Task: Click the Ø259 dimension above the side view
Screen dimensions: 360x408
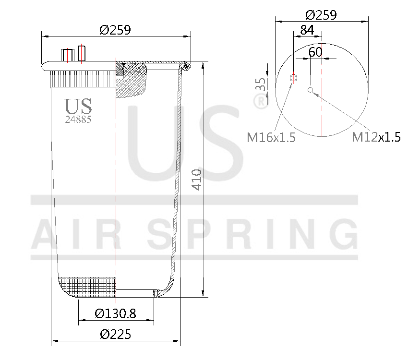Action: click(x=115, y=30)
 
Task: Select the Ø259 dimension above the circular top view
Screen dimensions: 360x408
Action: click(x=321, y=14)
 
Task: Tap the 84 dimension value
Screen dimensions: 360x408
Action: click(x=307, y=30)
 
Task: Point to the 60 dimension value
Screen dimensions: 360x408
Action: click(x=315, y=52)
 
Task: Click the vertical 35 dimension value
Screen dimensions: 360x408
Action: click(x=261, y=85)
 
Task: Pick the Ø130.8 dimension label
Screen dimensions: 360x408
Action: click(x=115, y=313)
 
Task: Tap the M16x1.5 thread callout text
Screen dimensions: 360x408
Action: click(x=271, y=138)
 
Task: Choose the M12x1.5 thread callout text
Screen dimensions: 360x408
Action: click(x=376, y=137)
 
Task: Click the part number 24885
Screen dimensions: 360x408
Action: click(x=78, y=120)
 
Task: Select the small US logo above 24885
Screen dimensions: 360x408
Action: click(x=78, y=107)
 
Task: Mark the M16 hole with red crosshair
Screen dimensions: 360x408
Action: click(x=294, y=78)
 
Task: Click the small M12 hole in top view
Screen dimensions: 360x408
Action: click(x=311, y=90)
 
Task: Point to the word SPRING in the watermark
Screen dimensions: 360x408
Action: click(x=252, y=234)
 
